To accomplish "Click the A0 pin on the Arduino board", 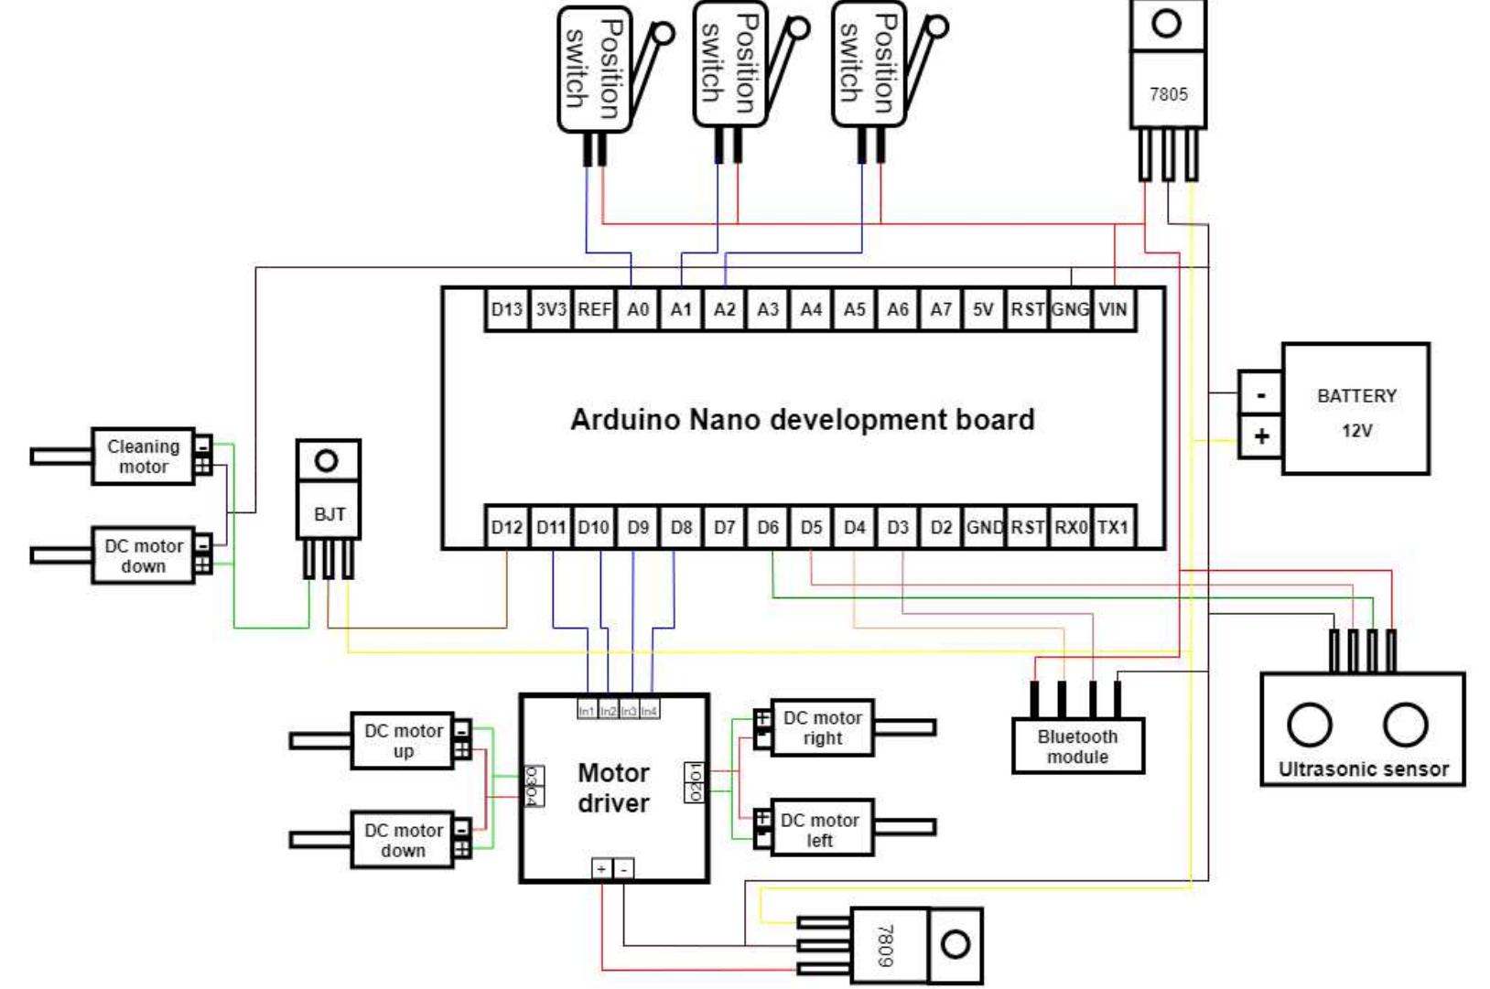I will pyautogui.click(x=638, y=309).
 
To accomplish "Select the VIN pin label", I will pyautogui.click(x=1112, y=309).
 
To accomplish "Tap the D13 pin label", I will pyautogui.click(x=506, y=309).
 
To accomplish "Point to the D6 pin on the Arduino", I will pyautogui.click(x=768, y=527).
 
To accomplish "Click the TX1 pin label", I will pyautogui.click(x=1112, y=527).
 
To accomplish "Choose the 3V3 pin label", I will pyautogui.click(x=551, y=309).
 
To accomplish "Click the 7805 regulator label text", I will pyautogui.click(x=1168, y=94).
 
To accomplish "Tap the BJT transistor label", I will pyautogui.click(x=329, y=514).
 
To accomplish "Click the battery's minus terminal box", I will pyautogui.click(x=1261, y=395).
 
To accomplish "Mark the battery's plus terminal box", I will pyautogui.click(x=1261, y=436).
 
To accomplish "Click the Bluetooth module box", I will pyautogui.click(x=1077, y=747).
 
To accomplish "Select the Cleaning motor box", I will pyautogui.click(x=143, y=457).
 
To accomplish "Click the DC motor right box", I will pyautogui.click(x=822, y=728).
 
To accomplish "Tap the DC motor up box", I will pyautogui.click(x=403, y=741).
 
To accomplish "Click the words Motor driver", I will pyautogui.click(x=613, y=788).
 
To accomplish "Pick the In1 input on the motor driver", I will pyautogui.click(x=587, y=711).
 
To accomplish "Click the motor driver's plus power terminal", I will pyautogui.click(x=601, y=869).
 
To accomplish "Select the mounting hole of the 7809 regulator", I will pyautogui.click(x=955, y=943).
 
